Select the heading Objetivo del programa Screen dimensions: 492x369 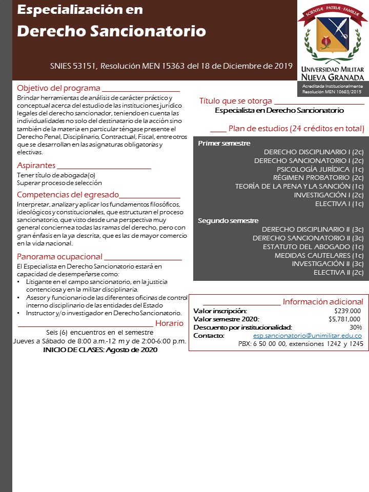coord(58,88)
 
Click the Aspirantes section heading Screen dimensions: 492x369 coord(36,165)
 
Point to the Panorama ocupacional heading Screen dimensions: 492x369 coord(59,256)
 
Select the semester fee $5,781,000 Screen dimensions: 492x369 coord(345,319)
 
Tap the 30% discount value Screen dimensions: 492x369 coord(355,327)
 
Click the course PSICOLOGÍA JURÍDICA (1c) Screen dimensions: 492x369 coord(320,169)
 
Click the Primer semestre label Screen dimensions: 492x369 coord(224,143)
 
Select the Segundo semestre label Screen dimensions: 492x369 coord(228,220)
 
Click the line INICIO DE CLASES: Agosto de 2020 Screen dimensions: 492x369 coord(100,350)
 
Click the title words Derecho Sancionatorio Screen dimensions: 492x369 coord(111,31)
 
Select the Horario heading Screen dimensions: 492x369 coord(169,323)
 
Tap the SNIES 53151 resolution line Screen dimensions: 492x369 coord(171,66)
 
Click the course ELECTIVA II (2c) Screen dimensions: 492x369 coord(338,272)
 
